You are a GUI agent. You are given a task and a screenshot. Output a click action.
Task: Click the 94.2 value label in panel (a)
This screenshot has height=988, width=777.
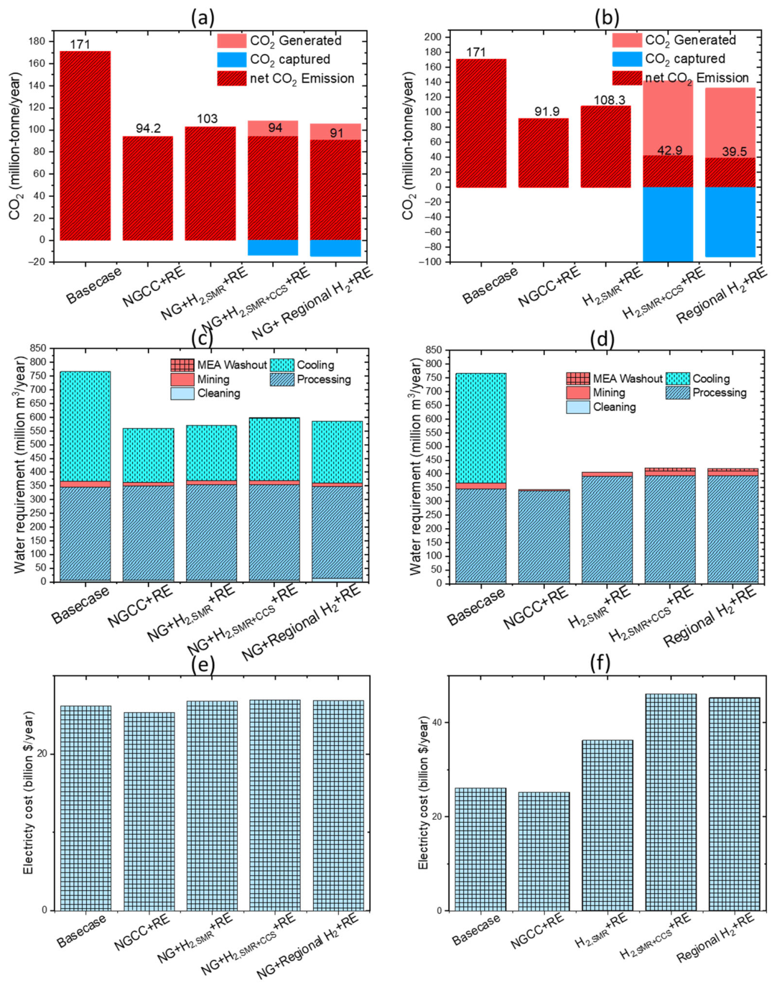click(148, 128)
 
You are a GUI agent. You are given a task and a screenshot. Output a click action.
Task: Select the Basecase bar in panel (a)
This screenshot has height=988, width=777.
click(85, 146)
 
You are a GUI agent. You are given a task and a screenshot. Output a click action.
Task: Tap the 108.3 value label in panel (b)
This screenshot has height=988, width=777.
click(609, 100)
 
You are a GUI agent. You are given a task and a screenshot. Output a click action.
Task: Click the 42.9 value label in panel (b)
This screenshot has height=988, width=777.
click(669, 150)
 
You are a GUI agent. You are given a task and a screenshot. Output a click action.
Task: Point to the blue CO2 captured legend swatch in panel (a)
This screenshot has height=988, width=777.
click(232, 60)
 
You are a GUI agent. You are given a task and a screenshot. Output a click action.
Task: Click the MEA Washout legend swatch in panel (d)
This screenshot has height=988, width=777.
click(578, 379)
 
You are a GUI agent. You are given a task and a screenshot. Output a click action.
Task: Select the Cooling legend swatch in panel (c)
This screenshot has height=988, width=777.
click(282, 365)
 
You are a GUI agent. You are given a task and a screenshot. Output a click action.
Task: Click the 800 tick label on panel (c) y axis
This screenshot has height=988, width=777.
click(37, 362)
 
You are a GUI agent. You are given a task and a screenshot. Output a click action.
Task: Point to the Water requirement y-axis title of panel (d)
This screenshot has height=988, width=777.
click(415, 466)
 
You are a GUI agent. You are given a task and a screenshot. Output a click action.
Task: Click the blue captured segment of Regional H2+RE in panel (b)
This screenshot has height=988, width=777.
click(730, 222)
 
